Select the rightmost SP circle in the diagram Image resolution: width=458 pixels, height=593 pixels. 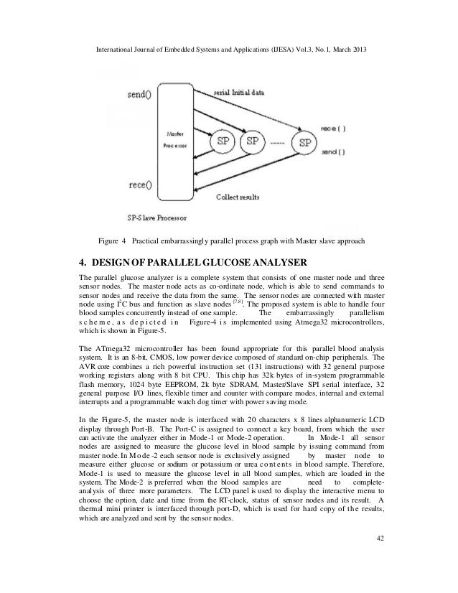coord(307,142)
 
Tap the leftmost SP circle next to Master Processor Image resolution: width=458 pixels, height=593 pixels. coord(220,141)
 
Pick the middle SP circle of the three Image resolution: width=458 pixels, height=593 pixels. coord(251,141)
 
